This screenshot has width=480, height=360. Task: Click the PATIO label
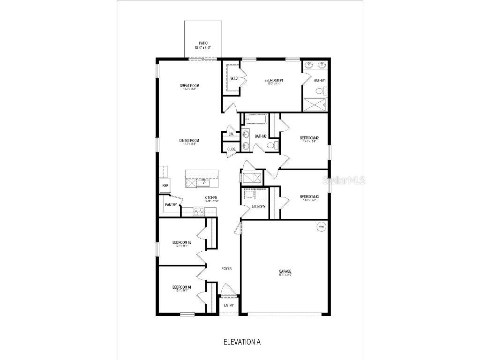(x=203, y=43)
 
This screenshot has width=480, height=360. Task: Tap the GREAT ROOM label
(x=189, y=86)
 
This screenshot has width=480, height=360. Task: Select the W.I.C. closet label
(x=234, y=78)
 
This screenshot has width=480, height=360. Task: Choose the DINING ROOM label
(x=189, y=141)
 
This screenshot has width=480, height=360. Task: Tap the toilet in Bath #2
(x=270, y=146)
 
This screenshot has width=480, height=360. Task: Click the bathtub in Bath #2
(x=255, y=119)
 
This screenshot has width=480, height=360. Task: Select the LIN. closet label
(x=231, y=134)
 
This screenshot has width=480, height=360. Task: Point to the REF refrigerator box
(x=165, y=186)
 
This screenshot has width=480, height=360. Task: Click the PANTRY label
(x=171, y=205)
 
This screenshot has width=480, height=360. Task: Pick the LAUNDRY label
(x=258, y=207)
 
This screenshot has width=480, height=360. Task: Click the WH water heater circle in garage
(x=321, y=227)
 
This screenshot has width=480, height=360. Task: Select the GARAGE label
(x=285, y=271)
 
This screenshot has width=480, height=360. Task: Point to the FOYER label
(x=226, y=269)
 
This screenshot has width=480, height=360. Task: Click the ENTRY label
(x=228, y=305)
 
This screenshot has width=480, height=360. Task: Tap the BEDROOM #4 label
(x=181, y=287)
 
